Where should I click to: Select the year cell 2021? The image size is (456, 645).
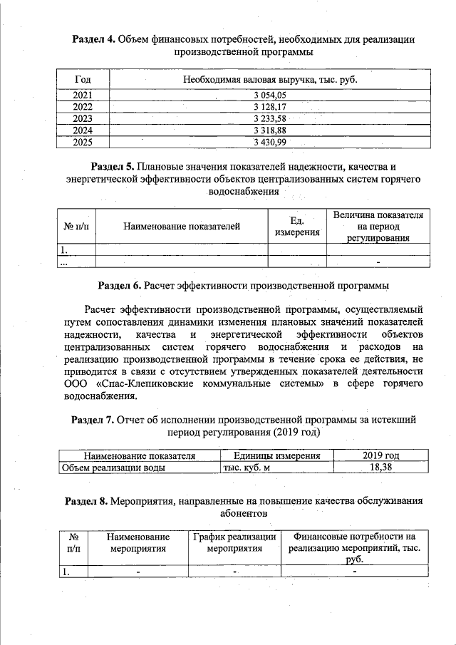[83, 94]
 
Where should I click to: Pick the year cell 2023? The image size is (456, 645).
[83, 118]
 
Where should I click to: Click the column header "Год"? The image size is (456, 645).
[83, 78]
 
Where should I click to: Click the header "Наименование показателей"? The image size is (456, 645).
[182, 227]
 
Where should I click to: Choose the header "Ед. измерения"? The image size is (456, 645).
[298, 227]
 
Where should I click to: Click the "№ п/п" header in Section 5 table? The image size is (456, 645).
[76, 227]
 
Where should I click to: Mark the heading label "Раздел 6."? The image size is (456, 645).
[119, 286]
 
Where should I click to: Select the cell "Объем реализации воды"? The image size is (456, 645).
[114, 468]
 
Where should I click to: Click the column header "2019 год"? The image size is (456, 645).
[380, 455]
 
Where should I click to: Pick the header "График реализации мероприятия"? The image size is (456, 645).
[234, 542]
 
